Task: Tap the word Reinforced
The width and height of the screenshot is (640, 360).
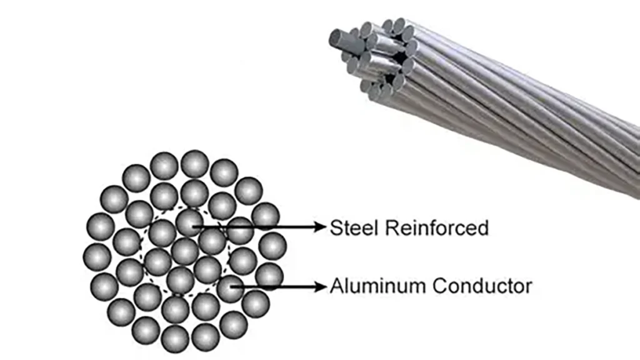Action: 436,227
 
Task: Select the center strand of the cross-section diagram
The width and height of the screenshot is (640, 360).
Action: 185,251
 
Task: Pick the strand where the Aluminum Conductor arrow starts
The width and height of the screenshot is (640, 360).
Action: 230,287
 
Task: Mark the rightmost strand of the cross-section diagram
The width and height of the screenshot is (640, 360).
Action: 272,246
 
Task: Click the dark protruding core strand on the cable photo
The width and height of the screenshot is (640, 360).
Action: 340,41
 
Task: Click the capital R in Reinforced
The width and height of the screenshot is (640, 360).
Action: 391,227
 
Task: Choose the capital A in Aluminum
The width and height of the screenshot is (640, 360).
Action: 336,287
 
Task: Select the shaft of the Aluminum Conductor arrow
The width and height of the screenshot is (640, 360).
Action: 275,287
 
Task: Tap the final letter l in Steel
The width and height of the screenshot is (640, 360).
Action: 377,227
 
